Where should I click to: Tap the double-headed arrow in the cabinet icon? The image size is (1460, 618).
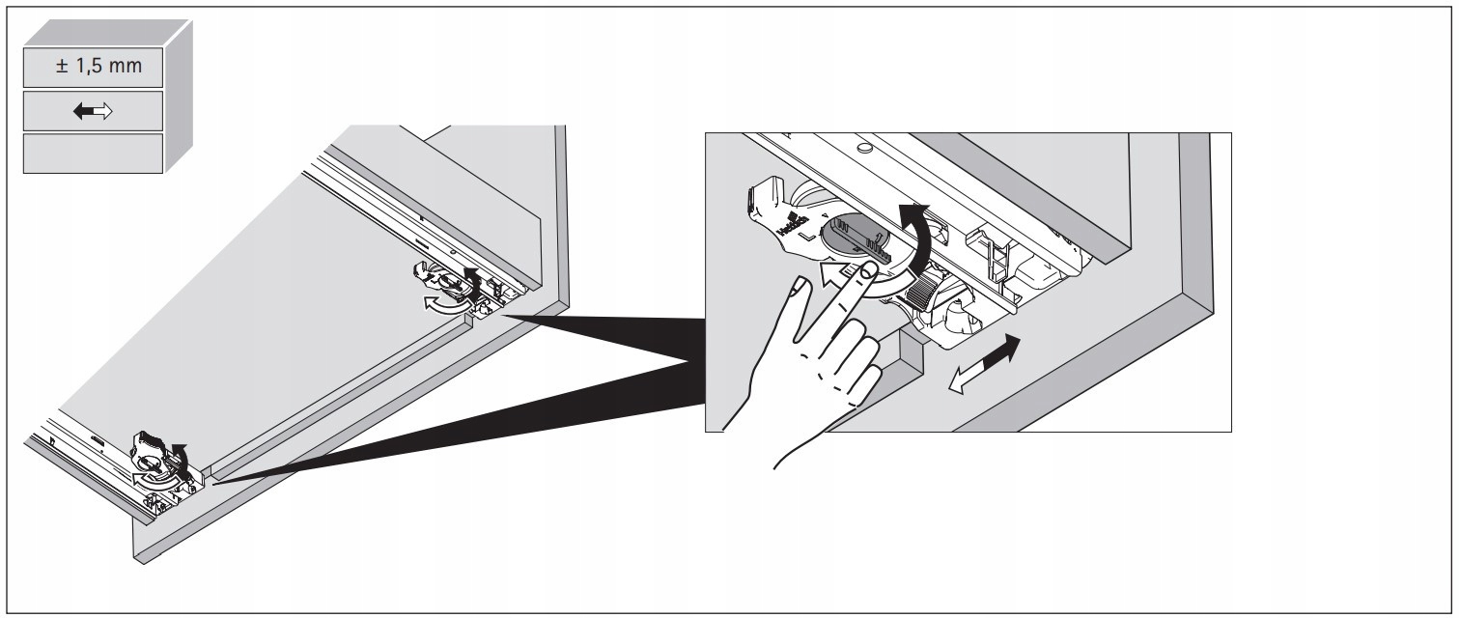[x=94, y=112]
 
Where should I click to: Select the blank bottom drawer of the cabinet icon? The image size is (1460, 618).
[x=93, y=154]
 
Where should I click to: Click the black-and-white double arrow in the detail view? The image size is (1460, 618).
[x=982, y=364]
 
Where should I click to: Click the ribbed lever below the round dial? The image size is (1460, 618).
[x=928, y=289]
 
